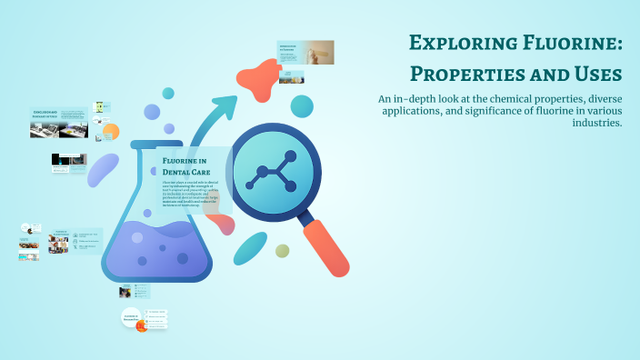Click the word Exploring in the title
453,43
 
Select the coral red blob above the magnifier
266,80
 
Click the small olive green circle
283,251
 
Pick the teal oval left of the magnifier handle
250,248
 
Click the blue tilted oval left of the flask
103,169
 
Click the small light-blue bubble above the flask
168,93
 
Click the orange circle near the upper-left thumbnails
111,132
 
